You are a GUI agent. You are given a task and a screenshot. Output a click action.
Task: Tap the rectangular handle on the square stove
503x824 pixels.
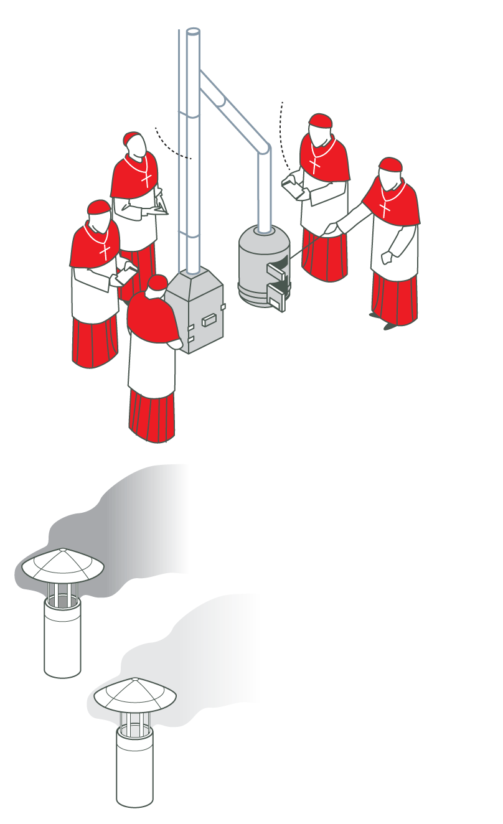coord(208,320)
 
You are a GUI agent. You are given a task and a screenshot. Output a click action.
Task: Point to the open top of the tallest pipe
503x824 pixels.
coord(193,30)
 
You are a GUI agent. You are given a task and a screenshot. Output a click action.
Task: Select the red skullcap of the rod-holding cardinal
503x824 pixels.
coord(390,165)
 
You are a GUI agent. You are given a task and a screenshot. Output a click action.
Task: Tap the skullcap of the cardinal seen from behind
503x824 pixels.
coord(158,283)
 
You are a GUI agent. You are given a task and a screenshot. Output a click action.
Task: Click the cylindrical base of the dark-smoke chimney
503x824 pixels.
coord(62,641)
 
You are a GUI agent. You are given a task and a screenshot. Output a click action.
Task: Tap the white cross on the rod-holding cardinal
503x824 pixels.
coord(387,205)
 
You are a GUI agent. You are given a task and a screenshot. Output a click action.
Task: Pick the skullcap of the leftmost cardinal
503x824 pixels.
coord(99,207)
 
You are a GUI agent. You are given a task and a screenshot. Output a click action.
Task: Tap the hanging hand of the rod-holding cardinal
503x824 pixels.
coord(387,257)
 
